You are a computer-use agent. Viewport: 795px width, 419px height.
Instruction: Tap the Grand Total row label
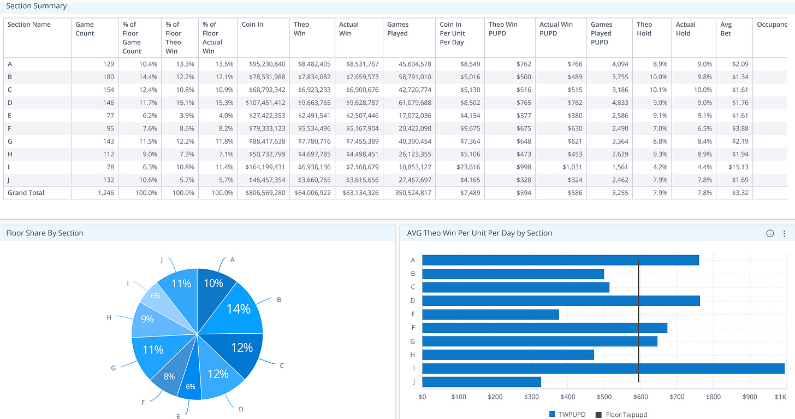(26, 193)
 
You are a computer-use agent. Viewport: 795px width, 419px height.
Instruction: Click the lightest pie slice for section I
(154, 297)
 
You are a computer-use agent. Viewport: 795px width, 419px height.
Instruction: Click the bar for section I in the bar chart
(603, 369)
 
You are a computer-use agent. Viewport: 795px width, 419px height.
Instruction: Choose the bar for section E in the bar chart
(490, 315)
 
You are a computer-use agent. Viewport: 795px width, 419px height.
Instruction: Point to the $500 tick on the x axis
(604, 397)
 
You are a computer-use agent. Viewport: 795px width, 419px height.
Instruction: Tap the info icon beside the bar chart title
(770, 233)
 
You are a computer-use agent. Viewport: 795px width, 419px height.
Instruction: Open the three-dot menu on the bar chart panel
(784, 233)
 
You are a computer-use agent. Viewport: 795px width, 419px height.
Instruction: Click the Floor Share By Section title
(45, 233)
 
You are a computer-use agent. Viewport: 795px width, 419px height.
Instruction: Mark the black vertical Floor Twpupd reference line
(638, 321)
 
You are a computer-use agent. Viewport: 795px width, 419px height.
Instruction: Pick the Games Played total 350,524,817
(409, 193)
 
